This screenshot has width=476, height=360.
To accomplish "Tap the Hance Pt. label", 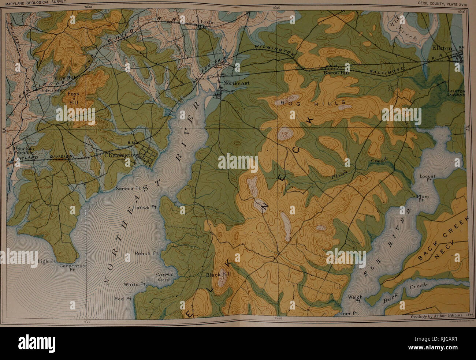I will tap(144, 207).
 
